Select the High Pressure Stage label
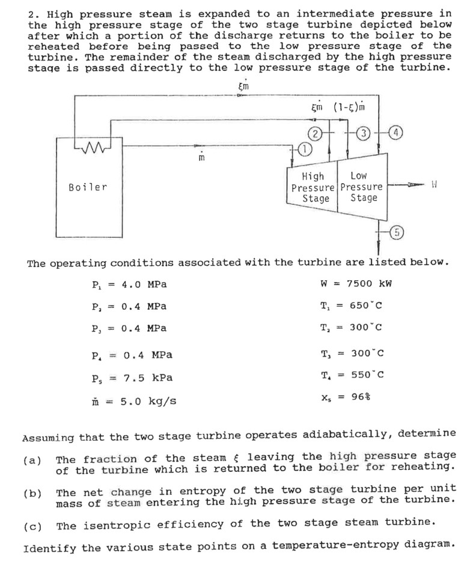[x=312, y=187]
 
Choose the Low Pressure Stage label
[x=359, y=187]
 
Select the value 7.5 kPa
[x=147, y=377]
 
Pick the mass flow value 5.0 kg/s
[x=147, y=400]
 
